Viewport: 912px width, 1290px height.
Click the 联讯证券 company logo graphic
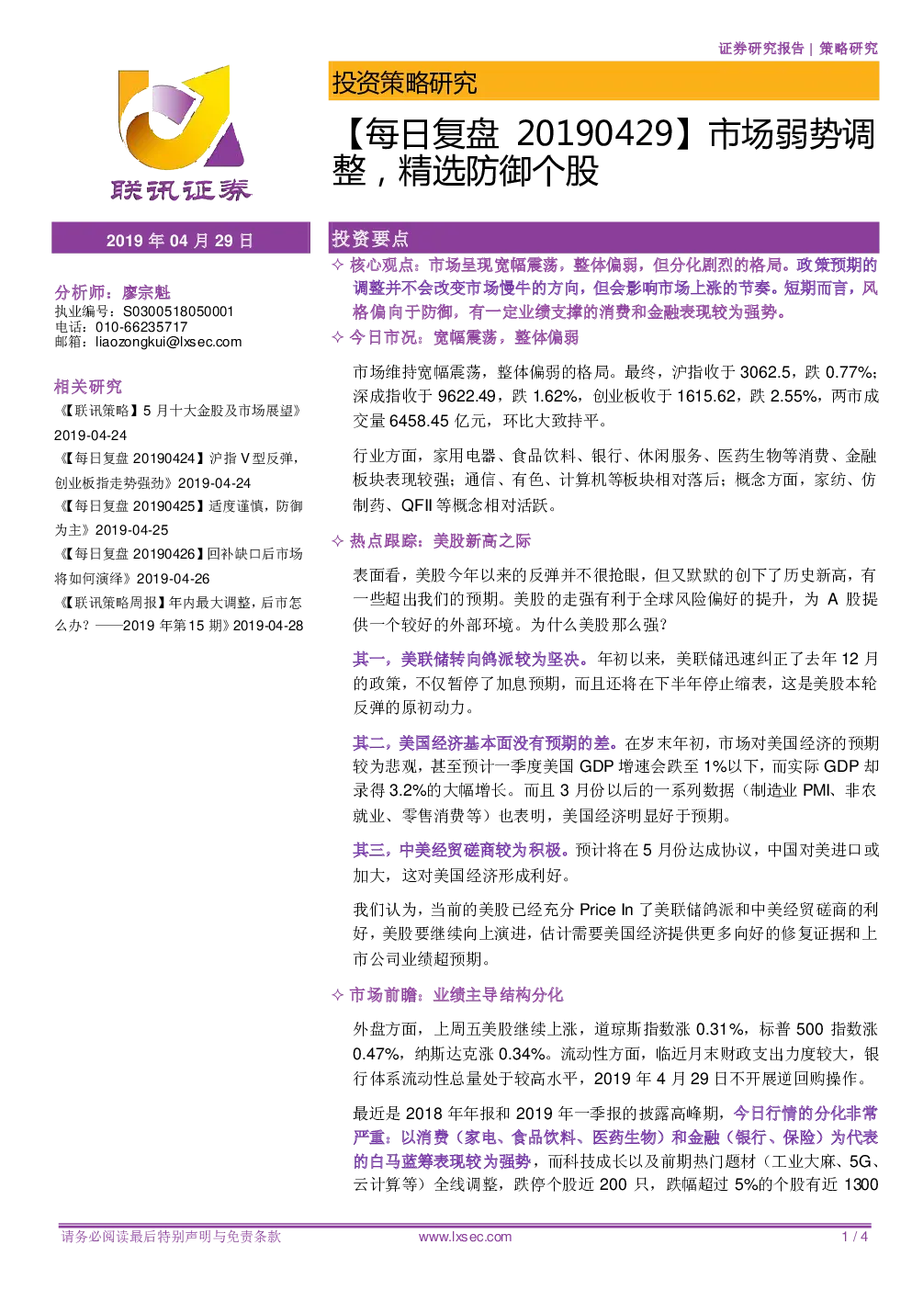[x=180, y=133]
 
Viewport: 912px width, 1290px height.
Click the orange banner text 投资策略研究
[x=405, y=83]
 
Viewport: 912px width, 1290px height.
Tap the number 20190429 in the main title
[x=595, y=133]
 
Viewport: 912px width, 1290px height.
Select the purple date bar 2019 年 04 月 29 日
[x=180, y=240]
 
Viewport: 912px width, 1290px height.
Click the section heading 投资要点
[x=370, y=238]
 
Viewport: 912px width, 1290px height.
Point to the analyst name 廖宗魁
[x=146, y=292]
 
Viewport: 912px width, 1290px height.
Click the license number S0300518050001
[x=178, y=311]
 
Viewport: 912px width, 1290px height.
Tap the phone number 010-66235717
[x=141, y=326]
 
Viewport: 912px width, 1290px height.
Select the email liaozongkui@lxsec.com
[x=169, y=342]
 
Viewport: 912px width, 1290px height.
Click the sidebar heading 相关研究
[x=88, y=387]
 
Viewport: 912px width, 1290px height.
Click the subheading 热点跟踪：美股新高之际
[x=440, y=541]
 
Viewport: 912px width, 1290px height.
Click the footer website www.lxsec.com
[x=466, y=1237]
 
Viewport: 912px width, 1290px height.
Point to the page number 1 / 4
[x=855, y=1237]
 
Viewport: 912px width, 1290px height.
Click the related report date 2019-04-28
[x=268, y=626]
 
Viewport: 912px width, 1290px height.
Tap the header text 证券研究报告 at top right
[x=760, y=49]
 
